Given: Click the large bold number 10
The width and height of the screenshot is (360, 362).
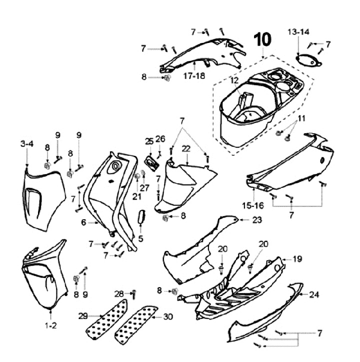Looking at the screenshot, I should (x=263, y=39).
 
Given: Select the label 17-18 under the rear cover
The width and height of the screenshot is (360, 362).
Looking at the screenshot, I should (x=194, y=76).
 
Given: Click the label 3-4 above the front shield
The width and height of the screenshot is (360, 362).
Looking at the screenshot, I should (x=27, y=144).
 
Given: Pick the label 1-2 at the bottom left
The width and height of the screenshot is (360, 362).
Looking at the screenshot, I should (x=51, y=325).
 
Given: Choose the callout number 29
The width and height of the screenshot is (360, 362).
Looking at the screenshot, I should (x=83, y=316).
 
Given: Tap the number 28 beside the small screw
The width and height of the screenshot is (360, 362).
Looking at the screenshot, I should (x=118, y=293).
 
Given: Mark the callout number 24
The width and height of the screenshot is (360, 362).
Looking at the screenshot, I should (x=313, y=295).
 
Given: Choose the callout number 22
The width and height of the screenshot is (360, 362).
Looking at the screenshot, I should (x=186, y=149).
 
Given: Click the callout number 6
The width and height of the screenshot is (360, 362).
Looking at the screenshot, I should (x=84, y=223).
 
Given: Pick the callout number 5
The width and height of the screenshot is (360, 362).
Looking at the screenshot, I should (x=140, y=239).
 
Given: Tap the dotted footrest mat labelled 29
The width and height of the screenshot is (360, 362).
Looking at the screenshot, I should (x=106, y=320).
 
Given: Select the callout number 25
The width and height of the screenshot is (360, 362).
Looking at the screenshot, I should (x=149, y=142).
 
